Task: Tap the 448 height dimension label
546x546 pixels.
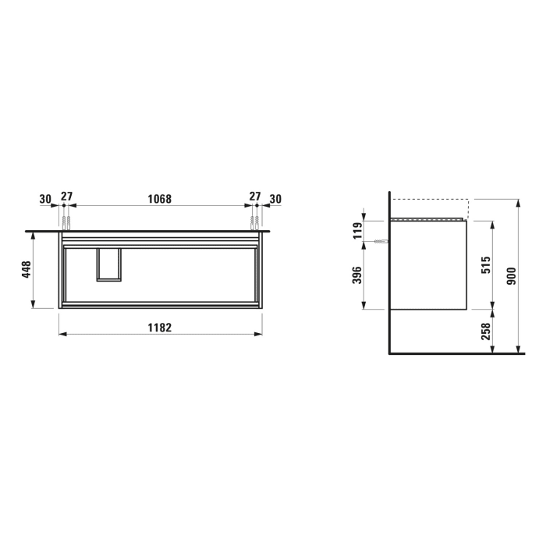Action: pyautogui.click(x=25, y=270)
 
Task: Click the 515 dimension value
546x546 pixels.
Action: pyautogui.click(x=484, y=265)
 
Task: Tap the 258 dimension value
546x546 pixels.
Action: pyautogui.click(x=484, y=331)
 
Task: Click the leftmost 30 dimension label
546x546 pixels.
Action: pyautogui.click(x=44, y=199)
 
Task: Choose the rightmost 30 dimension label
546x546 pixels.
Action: pyautogui.click(x=275, y=199)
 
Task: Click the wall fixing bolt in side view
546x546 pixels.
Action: pyautogui.click(x=381, y=244)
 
